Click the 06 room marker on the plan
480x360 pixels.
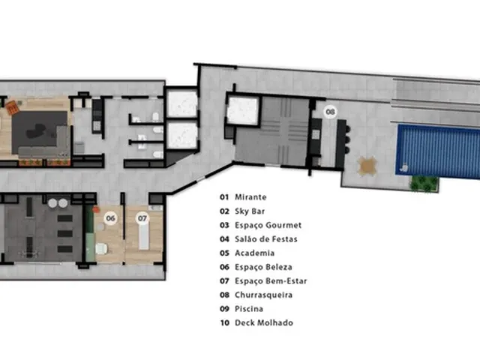click(x=110, y=218)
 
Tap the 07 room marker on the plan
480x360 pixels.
click(x=142, y=218)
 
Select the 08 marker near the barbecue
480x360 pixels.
click(x=330, y=112)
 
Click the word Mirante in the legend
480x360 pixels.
click(x=250, y=197)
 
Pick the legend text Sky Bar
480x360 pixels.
click(x=250, y=211)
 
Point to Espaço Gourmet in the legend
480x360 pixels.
click(x=268, y=225)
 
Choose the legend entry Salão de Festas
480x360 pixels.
click(x=266, y=239)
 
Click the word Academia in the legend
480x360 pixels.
click(x=254, y=253)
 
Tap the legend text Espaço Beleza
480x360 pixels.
click(x=263, y=267)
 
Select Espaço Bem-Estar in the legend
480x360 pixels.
click(x=271, y=281)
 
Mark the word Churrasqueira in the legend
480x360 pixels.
click(x=263, y=295)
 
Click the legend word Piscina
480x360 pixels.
click(x=249, y=309)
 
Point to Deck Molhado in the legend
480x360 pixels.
click(x=264, y=323)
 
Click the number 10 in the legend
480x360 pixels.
click(x=225, y=323)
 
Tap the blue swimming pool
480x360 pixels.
click(x=438, y=151)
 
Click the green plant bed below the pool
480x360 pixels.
click(x=424, y=184)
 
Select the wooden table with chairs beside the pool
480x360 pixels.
click(x=367, y=166)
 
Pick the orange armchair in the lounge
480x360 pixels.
click(x=13, y=108)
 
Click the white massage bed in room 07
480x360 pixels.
click(x=144, y=235)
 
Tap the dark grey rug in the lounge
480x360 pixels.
click(x=39, y=132)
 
